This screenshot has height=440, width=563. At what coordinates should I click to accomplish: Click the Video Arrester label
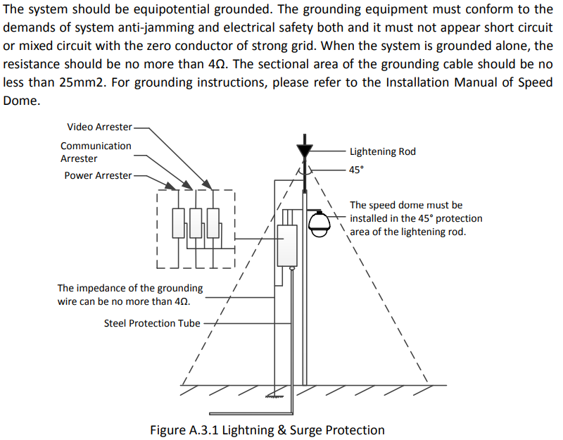click(99, 127)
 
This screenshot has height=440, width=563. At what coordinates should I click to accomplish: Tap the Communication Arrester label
click(96, 152)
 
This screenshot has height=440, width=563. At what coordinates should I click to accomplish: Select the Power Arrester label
click(98, 175)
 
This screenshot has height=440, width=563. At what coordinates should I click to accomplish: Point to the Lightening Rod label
click(383, 151)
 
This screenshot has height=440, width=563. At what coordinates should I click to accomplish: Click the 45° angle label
click(356, 170)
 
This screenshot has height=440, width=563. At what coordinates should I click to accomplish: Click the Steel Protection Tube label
click(152, 323)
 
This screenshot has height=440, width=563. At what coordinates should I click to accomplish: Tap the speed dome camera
click(320, 224)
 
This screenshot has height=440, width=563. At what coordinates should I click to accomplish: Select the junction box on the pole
click(287, 246)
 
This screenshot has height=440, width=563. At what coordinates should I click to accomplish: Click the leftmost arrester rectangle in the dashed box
click(179, 223)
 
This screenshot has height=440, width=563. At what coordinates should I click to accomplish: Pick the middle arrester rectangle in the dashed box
click(196, 223)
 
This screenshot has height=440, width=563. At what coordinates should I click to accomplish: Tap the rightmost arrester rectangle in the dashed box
click(213, 223)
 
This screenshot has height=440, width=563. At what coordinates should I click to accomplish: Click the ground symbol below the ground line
click(274, 396)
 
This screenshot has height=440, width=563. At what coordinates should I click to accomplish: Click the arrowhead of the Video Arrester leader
click(207, 184)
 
